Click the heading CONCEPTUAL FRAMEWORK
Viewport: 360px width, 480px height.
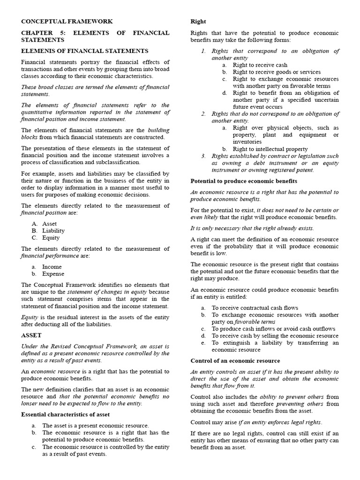tap(67, 22)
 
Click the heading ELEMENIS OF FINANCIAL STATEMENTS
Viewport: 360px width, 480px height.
tap(84, 51)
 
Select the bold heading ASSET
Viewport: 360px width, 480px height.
tap(31, 335)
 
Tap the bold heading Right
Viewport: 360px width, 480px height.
tap(198, 22)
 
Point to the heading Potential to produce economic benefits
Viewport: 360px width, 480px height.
tap(244, 181)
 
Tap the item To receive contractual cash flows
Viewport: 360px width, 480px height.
tap(255, 308)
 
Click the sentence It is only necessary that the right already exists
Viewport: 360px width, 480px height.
tap(252, 228)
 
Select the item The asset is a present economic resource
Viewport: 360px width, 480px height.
tap(95, 425)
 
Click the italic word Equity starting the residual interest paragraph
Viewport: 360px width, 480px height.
tap(30, 317)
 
